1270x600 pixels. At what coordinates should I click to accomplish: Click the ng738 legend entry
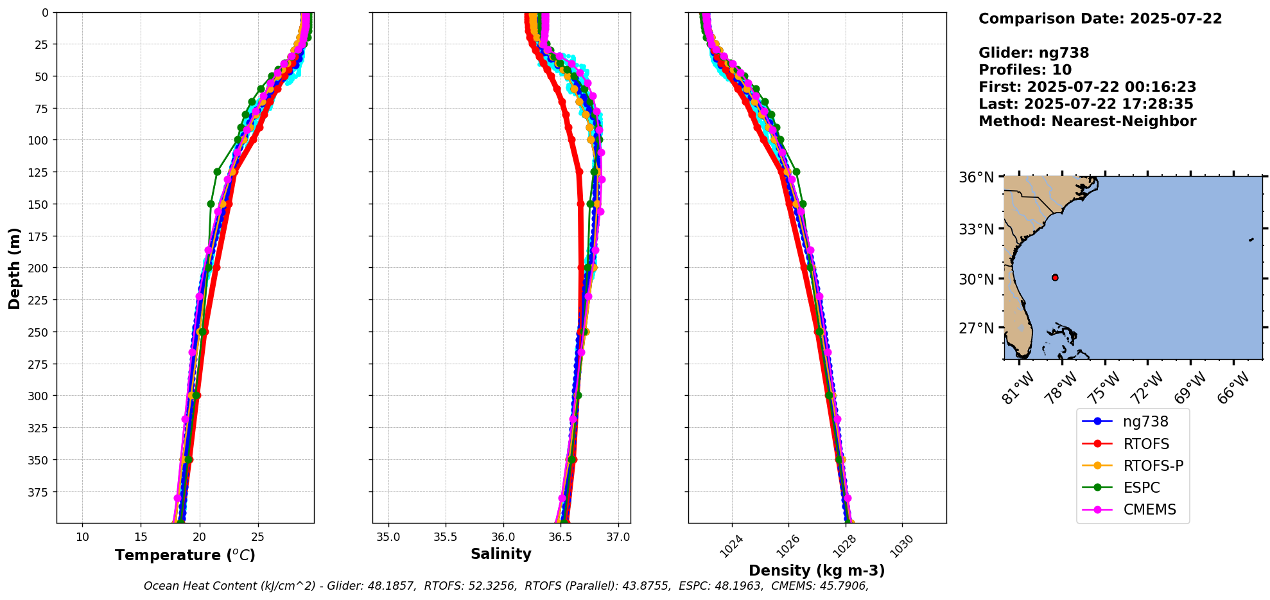click(1145, 422)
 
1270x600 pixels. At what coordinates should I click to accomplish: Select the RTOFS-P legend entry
click(1153, 466)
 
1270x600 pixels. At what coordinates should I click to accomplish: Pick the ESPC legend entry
click(1141, 488)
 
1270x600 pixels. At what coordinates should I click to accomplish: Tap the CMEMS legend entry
click(1149, 509)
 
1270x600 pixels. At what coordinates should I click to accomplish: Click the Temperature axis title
click(185, 555)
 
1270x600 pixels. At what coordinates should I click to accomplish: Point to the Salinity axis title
click(501, 554)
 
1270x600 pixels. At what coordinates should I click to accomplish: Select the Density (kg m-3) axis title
click(817, 570)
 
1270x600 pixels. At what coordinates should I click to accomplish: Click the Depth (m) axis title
click(15, 268)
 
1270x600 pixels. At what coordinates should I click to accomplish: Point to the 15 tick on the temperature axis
click(141, 537)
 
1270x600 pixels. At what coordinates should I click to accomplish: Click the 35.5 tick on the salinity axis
click(445, 537)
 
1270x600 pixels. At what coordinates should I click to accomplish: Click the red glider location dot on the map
click(1055, 278)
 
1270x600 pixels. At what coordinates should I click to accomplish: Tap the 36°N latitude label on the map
click(976, 177)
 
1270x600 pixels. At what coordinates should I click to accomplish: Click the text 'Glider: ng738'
click(1034, 53)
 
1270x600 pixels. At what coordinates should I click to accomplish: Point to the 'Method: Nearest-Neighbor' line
click(1087, 121)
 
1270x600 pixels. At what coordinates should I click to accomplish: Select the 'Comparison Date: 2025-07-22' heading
click(1100, 19)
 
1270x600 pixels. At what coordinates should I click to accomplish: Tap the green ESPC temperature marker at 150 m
click(211, 204)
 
